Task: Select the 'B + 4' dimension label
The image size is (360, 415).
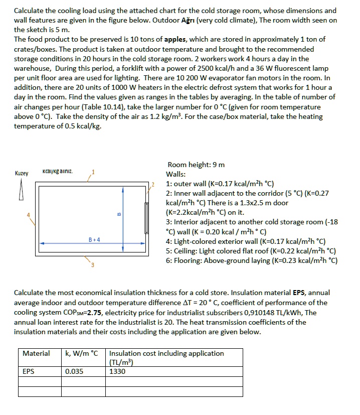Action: [94, 239]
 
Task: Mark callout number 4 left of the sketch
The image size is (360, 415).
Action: [29, 216]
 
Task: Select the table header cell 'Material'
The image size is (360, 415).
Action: [36, 353]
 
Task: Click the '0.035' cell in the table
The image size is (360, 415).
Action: [75, 371]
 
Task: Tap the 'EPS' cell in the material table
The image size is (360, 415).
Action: [29, 371]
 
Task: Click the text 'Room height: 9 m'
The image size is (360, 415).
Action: [196, 165]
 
